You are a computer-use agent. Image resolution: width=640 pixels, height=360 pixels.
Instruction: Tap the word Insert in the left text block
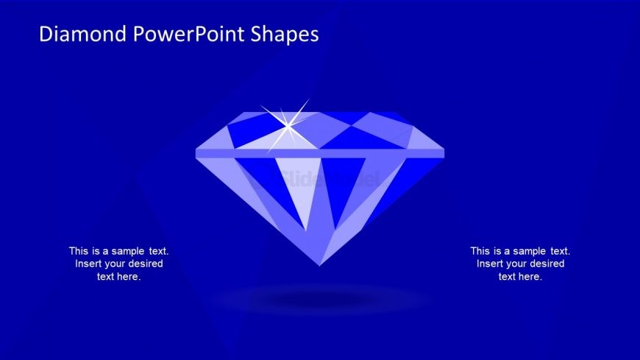[89, 264]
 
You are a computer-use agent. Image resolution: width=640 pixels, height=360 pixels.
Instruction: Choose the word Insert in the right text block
[491, 264]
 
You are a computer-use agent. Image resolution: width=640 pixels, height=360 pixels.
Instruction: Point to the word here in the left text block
[129, 277]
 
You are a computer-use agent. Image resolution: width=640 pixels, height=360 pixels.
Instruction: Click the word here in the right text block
[530, 277]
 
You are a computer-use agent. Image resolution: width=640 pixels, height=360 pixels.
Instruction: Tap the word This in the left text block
[79, 251]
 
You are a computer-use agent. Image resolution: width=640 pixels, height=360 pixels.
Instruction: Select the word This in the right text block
[481, 251]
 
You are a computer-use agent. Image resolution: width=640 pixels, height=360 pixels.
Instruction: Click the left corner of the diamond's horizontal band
[198, 152]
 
